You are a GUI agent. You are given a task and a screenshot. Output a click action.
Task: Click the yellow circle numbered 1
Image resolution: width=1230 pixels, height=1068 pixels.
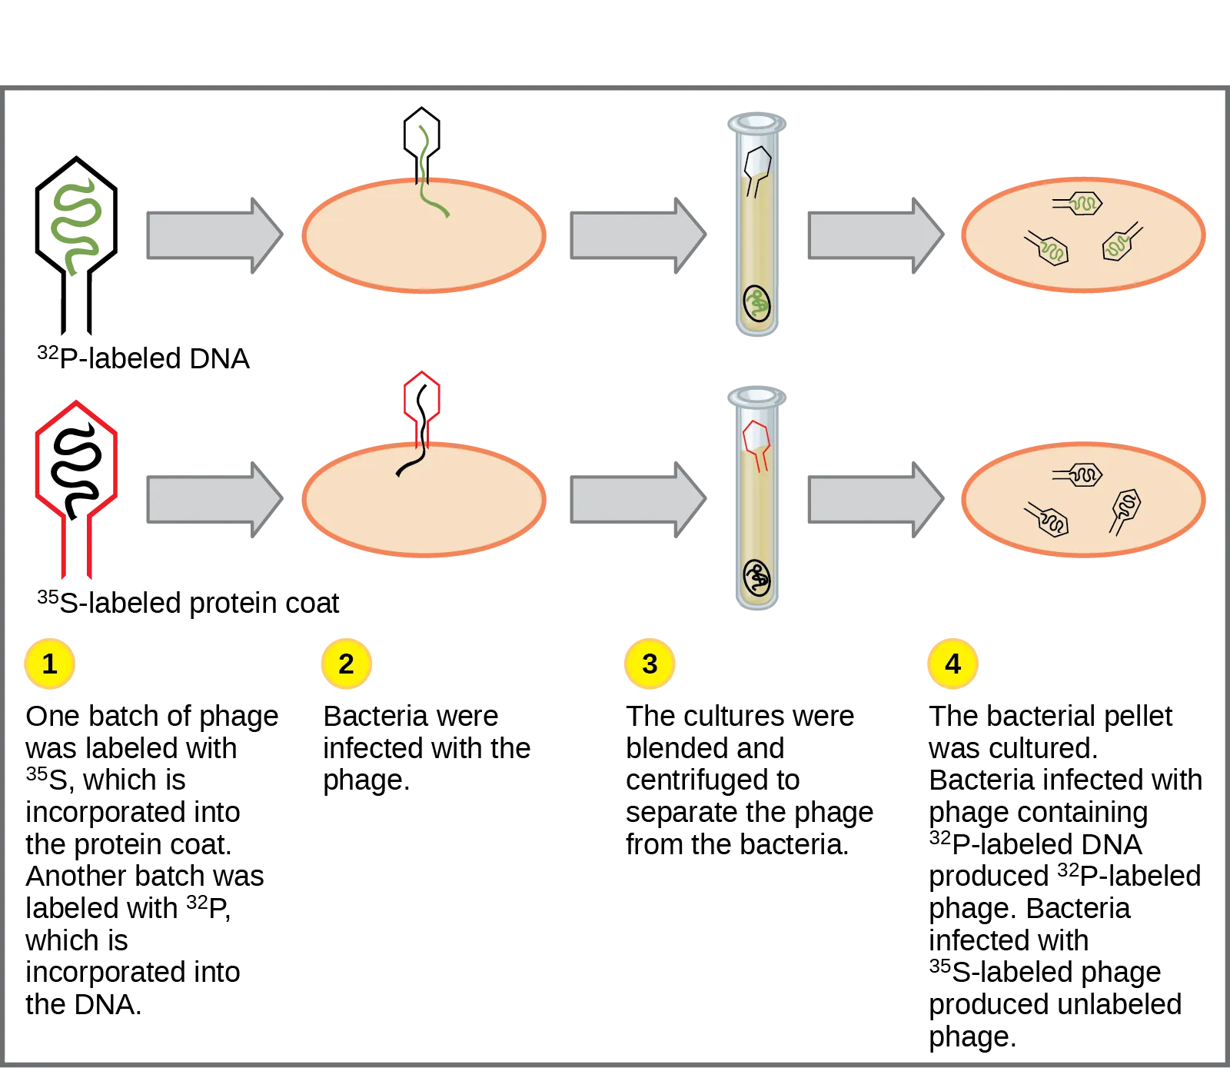[x=50, y=663]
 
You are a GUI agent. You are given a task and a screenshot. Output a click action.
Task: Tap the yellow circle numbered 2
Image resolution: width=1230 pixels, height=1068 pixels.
[x=346, y=663]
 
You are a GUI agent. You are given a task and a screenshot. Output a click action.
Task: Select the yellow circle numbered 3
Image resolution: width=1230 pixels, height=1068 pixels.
[x=650, y=663]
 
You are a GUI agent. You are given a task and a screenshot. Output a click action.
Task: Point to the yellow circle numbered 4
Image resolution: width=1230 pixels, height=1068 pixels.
[x=952, y=663]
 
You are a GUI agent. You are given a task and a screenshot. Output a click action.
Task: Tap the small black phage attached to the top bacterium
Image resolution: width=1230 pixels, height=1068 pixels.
[x=421, y=142]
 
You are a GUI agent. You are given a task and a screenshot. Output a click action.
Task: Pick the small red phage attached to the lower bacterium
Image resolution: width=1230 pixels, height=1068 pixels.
[x=421, y=404]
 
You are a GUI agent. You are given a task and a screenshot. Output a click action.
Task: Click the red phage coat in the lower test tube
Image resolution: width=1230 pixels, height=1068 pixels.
[x=756, y=442]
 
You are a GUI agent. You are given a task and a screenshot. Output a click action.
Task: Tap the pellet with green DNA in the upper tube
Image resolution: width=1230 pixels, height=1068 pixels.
[x=756, y=304]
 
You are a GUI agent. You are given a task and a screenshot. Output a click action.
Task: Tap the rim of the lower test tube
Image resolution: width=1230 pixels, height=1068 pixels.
[x=756, y=396]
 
